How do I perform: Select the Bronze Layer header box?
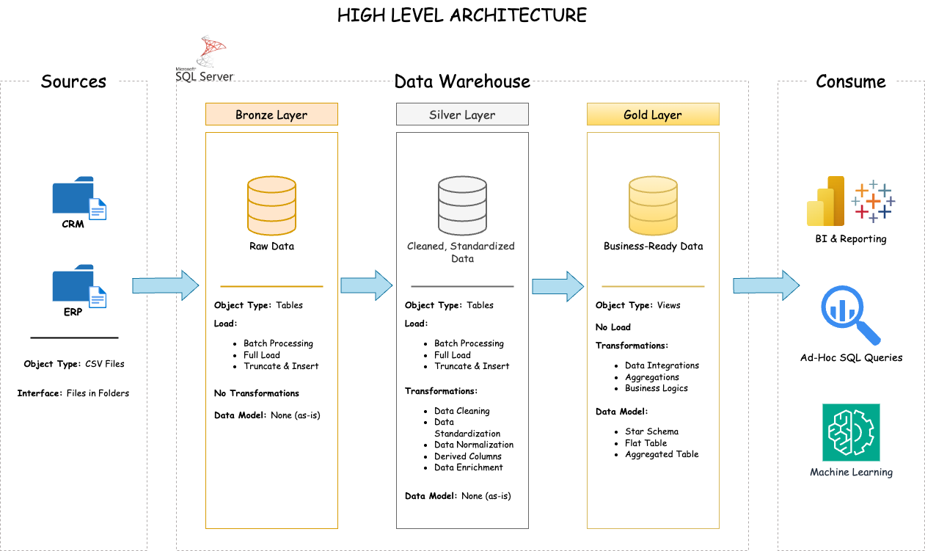coord(271,114)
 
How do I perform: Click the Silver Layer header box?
coord(462,114)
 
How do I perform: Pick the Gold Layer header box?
coord(653,114)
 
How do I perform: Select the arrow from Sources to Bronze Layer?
coord(165,285)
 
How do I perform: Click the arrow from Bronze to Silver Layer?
coord(367,285)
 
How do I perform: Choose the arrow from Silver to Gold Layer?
coord(557,285)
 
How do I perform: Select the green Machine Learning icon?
coord(851,432)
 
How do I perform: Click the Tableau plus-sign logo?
coord(873,200)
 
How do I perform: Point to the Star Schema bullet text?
coord(651,431)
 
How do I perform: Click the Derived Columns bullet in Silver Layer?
coord(468,456)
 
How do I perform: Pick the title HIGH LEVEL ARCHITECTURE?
coord(462,15)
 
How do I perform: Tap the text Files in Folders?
coord(98,393)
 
